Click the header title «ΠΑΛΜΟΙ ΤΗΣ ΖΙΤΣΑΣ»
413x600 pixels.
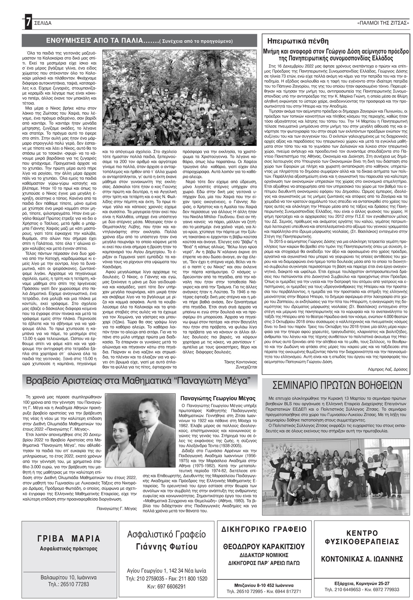[383, 23]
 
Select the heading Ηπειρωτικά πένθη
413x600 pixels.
[298, 41]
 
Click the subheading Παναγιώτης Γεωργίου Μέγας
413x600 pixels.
[218, 398]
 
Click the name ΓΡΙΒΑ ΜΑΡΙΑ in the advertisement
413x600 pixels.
[69, 538]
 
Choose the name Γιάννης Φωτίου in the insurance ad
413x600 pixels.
[167, 546]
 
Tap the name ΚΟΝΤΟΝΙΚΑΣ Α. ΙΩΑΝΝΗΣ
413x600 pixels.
[362, 557]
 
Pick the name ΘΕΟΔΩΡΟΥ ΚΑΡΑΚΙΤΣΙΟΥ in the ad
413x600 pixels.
[264, 546]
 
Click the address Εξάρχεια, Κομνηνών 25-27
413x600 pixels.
[362, 583]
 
